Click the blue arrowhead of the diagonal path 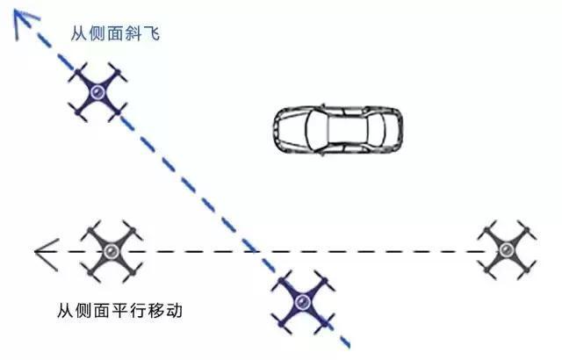point(25,22)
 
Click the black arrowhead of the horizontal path point(47,255)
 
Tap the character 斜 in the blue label point(133,33)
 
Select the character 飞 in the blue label point(151,33)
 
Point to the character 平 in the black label point(120,310)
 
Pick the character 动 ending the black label point(174,310)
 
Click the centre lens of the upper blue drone point(97,92)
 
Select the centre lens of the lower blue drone point(302,303)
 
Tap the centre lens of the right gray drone point(506,249)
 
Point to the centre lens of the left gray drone point(112,251)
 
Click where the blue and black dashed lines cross point(256,251)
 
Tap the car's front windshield point(316,130)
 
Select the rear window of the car point(377,130)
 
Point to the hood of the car point(291,130)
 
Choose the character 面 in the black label point(103,310)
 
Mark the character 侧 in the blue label point(97,33)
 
